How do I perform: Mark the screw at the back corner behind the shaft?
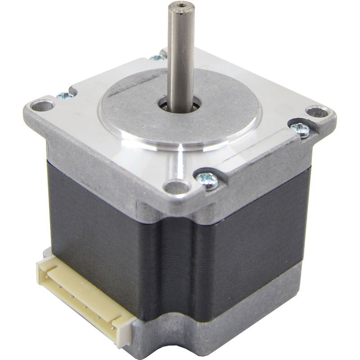click(x=156, y=57)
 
